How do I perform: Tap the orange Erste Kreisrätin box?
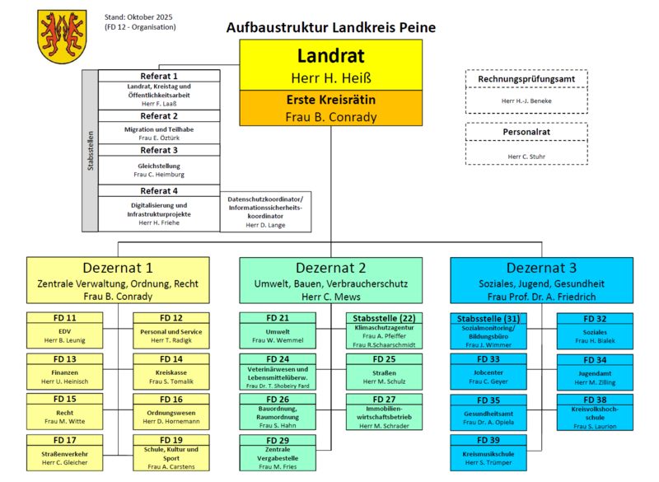point(330,108)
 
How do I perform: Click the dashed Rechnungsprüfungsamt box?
point(526,90)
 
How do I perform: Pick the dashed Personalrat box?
point(526,143)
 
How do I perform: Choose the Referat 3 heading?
point(159,151)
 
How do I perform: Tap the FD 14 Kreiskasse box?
point(170,369)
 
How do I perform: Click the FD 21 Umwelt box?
point(278,329)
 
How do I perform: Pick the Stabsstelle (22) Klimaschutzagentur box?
point(385,330)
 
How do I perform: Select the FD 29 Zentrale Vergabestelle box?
point(278,452)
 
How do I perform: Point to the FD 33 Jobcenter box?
point(489,370)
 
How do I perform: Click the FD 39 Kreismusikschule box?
point(489,452)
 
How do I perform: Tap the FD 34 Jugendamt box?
point(595,370)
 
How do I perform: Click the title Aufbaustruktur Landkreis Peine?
point(330,27)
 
